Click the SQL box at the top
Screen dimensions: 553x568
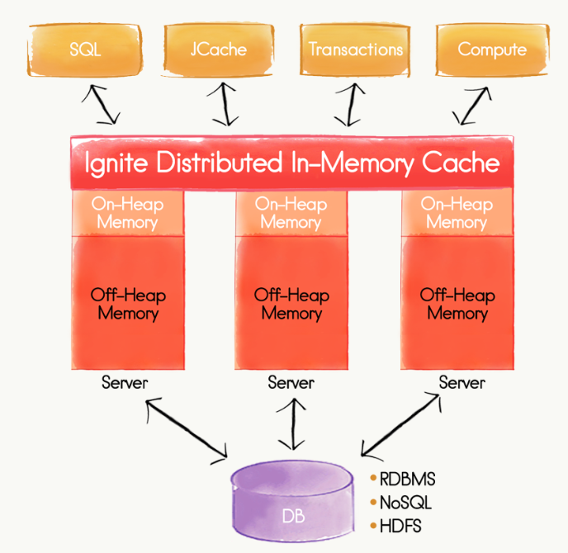pyautogui.click(x=85, y=49)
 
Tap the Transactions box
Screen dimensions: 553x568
pyautogui.click(x=356, y=49)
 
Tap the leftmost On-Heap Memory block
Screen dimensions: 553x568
pyautogui.click(x=128, y=213)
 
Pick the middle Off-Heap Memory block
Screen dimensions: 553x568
pyautogui.click(x=291, y=304)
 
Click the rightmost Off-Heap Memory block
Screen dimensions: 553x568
pyautogui.click(x=457, y=304)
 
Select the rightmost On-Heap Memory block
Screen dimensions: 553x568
pyautogui.click(x=457, y=213)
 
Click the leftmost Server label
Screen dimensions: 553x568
pyautogui.click(x=125, y=383)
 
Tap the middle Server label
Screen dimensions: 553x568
pyautogui.click(x=291, y=383)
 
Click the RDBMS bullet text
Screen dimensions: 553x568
pyautogui.click(x=406, y=480)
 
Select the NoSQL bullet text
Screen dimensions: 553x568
pyautogui.click(x=405, y=502)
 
